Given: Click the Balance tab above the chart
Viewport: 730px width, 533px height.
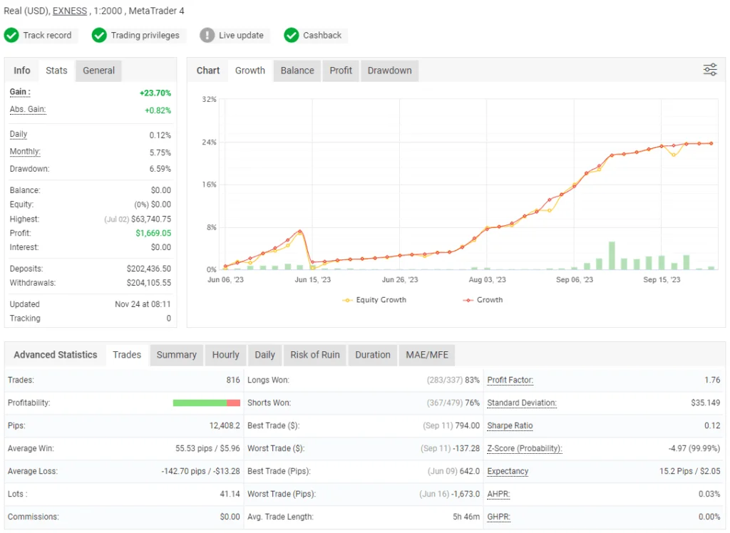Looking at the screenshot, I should (x=297, y=71).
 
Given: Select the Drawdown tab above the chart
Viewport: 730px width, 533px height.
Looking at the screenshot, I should (x=389, y=71).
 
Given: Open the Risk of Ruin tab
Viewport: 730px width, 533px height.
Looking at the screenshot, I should (x=315, y=355).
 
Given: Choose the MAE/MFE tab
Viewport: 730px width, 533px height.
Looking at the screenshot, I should (x=426, y=355).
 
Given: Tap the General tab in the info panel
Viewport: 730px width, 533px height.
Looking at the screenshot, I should (x=98, y=71).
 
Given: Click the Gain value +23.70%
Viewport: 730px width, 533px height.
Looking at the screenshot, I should (x=155, y=93).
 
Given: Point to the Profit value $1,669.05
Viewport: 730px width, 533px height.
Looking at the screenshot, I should (x=153, y=233).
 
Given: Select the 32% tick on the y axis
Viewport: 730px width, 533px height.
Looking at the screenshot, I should (x=209, y=99).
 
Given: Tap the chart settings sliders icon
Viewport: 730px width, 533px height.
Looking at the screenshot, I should (x=710, y=69).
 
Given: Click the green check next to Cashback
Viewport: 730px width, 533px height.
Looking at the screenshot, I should (x=292, y=35).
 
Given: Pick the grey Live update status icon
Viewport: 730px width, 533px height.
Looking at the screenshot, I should (x=207, y=35).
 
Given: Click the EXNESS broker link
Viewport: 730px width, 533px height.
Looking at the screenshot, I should (x=70, y=11).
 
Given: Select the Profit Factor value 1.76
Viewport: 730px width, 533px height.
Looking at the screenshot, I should (x=711, y=381).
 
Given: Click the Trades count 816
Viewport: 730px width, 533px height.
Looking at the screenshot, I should (x=233, y=381).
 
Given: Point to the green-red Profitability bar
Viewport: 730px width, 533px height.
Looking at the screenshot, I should (x=207, y=403).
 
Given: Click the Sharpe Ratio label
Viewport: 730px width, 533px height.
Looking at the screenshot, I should (x=510, y=426).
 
